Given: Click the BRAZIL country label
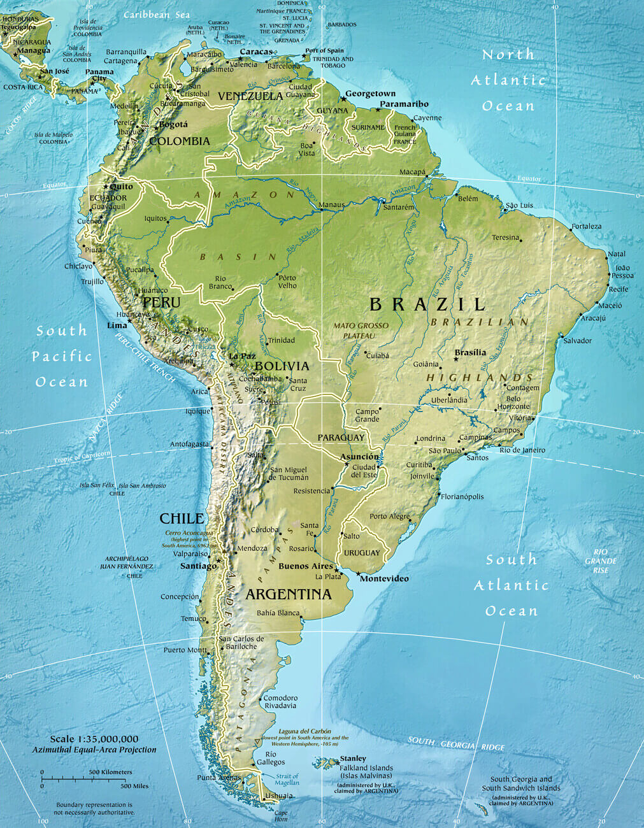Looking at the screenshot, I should tap(427, 304).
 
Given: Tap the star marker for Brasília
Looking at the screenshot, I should tap(456, 360).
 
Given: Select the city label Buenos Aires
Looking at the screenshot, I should tap(306, 566).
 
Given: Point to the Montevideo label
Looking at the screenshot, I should tap(384, 578).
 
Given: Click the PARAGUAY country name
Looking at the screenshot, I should tap(341, 438).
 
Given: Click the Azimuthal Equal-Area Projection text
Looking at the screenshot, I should tap(94, 750).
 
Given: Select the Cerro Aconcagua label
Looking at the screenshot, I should tap(189, 532).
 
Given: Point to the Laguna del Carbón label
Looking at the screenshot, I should tap(304, 731).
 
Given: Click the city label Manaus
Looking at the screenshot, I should tap(332, 205).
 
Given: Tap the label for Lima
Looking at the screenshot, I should tap(117, 325).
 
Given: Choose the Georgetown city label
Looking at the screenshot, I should tap(370, 94).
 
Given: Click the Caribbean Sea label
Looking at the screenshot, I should tap(156, 14).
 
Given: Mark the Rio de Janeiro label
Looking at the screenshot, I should tap(522, 450).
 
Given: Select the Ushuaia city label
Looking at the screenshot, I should tap(280, 796).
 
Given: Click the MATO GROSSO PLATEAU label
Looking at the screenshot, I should tap(361, 330).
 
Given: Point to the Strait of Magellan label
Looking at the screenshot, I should tap(287, 779).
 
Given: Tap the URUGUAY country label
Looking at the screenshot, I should tap(362, 553).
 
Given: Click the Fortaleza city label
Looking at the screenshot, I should tap(586, 226).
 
